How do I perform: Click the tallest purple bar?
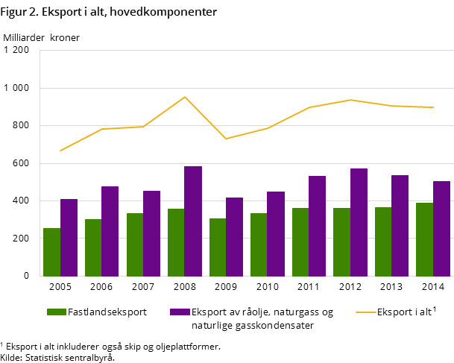[x=193, y=221]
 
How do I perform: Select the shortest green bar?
[x=51, y=252]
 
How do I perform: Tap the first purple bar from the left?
[x=69, y=237]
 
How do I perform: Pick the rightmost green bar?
[x=424, y=239]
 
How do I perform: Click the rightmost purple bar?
[x=441, y=228]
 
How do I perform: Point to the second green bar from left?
[x=93, y=247]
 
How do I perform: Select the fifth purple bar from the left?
[x=234, y=236]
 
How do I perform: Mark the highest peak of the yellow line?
[x=185, y=97]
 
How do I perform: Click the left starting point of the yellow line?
[x=60, y=151]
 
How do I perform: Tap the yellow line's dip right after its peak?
[x=226, y=139]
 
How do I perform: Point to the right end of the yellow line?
[x=433, y=107]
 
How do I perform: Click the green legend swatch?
[x=57, y=312]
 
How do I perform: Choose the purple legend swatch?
[x=180, y=312]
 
